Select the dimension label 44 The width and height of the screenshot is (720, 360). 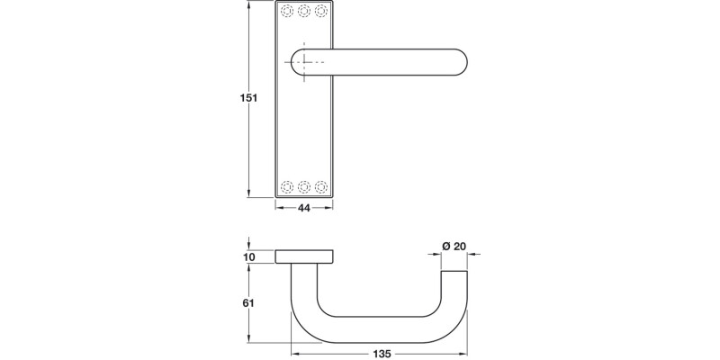304,208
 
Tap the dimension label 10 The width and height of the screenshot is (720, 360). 250,257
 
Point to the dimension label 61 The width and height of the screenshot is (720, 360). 250,303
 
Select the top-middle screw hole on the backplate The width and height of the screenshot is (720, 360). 304,12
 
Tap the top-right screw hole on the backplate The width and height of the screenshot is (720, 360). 320,12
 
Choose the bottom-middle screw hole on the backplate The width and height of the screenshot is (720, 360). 304,186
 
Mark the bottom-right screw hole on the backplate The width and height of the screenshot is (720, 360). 320,186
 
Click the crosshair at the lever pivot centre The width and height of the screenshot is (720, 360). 305,61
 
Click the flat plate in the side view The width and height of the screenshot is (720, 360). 304,257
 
